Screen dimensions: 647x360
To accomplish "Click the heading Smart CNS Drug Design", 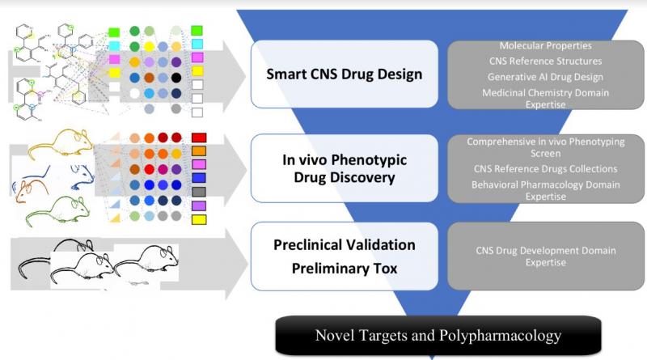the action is [x=345, y=74].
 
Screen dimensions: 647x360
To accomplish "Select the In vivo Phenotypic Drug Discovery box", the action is [x=345, y=168].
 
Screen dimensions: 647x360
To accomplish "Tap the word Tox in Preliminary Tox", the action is [x=386, y=269].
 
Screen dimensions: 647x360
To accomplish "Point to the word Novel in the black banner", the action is [x=335, y=335].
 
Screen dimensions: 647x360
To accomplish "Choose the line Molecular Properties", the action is [x=545, y=45].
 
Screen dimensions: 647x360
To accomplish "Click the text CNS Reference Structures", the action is [x=545, y=61].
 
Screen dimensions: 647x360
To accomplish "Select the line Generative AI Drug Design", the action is [x=545, y=77].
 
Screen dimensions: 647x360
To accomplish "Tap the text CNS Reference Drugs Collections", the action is [x=545, y=169].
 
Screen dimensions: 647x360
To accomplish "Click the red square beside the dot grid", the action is [x=199, y=138].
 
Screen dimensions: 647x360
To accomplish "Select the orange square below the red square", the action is [x=199, y=151].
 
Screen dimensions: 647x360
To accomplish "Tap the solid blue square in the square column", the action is [x=199, y=178].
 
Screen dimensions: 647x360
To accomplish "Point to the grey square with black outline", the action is [x=199, y=192].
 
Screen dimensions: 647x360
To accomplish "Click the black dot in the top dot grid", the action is [x=176, y=77].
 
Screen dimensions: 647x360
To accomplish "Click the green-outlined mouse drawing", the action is [x=57, y=211].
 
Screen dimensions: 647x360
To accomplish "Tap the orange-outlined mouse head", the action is [x=29, y=191].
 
